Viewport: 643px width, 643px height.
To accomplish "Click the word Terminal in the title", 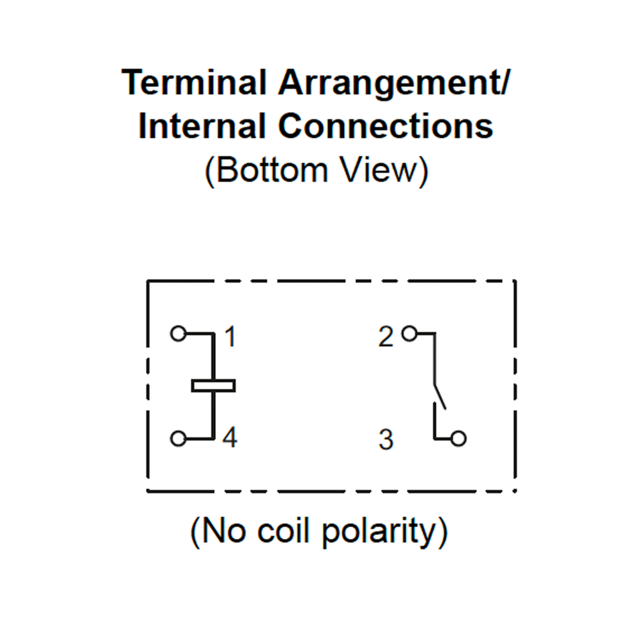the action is [x=194, y=82].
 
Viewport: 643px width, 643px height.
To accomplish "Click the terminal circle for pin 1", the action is [x=178, y=334].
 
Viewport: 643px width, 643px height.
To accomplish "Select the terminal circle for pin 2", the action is [x=409, y=334].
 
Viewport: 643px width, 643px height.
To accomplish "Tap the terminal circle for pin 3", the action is [x=458, y=439].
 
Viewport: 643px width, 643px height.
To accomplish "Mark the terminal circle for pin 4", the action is [x=178, y=439].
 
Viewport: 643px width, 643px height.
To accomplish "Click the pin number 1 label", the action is [x=230, y=337].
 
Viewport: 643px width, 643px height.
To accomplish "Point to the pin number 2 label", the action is [x=386, y=337].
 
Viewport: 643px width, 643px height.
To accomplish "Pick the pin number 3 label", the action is [x=386, y=440].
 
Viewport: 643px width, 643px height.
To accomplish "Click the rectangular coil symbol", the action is [x=213, y=386].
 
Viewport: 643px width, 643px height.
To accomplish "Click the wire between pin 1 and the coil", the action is [x=213, y=356].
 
